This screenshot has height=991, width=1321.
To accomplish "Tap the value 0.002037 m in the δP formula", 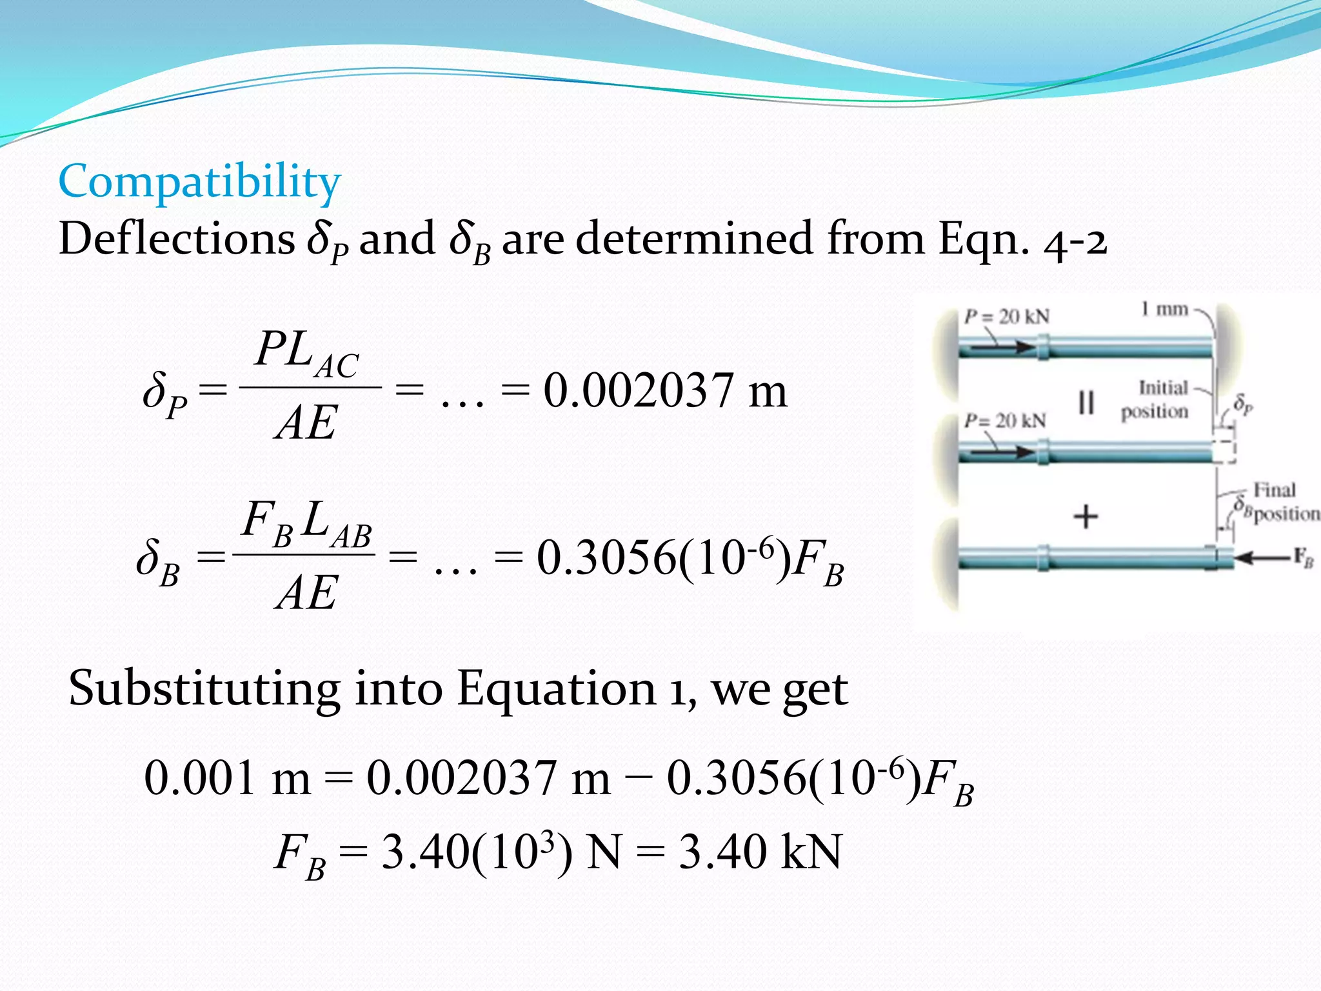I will coord(665,391).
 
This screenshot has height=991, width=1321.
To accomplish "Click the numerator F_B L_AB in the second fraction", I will coord(306,524).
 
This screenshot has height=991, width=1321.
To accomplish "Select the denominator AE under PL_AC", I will coord(306,424).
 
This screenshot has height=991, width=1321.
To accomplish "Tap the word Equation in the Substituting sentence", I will coord(556,689).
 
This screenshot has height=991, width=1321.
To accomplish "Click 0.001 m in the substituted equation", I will coord(227,778).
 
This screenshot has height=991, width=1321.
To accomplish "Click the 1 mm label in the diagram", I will coord(1164,310).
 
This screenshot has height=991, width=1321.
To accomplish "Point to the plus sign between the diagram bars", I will coord(1086,517).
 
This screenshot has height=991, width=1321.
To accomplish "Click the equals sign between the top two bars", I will coord(1086,403).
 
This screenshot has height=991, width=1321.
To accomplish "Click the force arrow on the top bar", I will coord(997,347).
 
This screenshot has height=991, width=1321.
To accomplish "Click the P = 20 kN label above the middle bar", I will coord(1005,421).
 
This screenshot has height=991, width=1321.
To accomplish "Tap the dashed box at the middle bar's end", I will coord(1224,451).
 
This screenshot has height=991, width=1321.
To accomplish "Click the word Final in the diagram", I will coord(1274,490).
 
